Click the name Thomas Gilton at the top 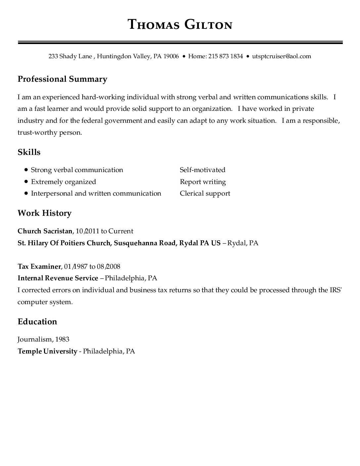click(180, 24)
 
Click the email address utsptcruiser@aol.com click(282, 56)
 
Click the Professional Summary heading click(62, 79)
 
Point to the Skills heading click(29, 152)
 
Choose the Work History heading click(44, 213)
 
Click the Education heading click(37, 322)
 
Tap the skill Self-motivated click(202, 170)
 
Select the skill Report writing click(203, 182)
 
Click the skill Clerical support click(205, 193)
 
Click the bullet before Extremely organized click(26, 182)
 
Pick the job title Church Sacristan click(45, 231)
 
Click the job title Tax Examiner click(39, 266)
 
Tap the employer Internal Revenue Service click(58, 278)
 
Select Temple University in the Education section click(47, 351)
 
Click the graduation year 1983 click(62, 339)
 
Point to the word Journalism click(34, 339)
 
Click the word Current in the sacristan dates click(121, 231)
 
